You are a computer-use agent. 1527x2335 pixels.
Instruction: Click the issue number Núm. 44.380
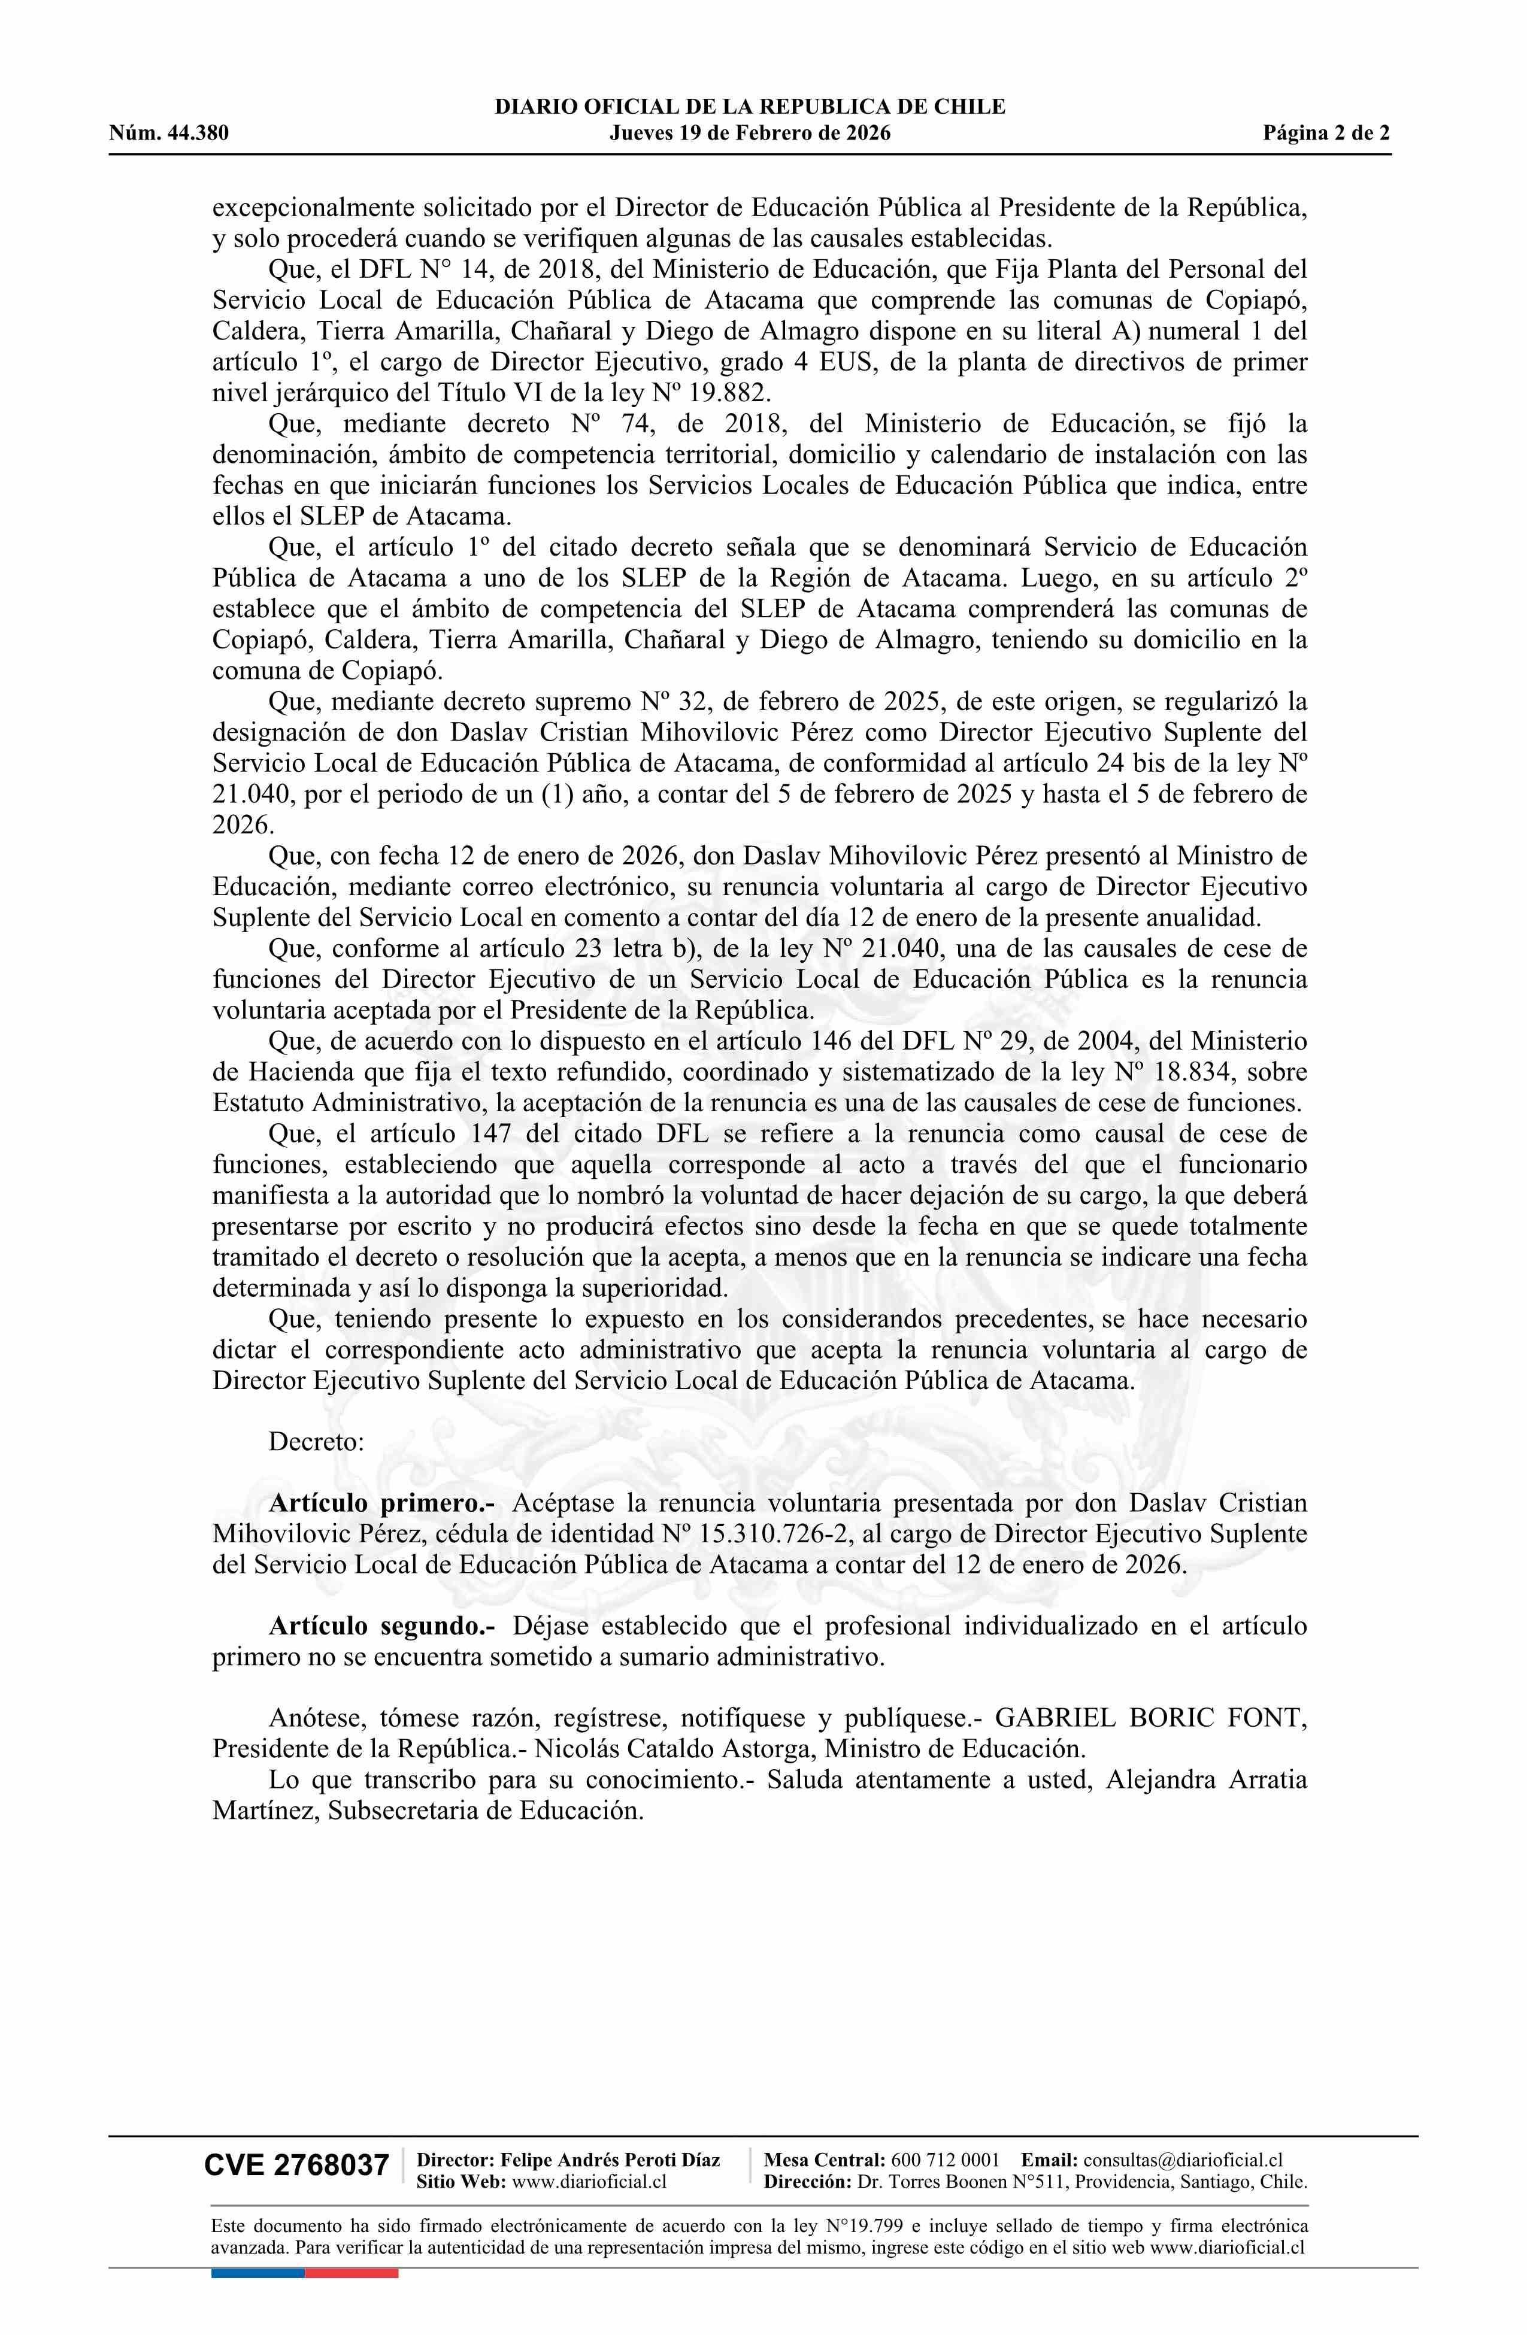(x=169, y=134)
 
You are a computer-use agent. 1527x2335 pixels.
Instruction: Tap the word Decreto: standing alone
(x=316, y=1441)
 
